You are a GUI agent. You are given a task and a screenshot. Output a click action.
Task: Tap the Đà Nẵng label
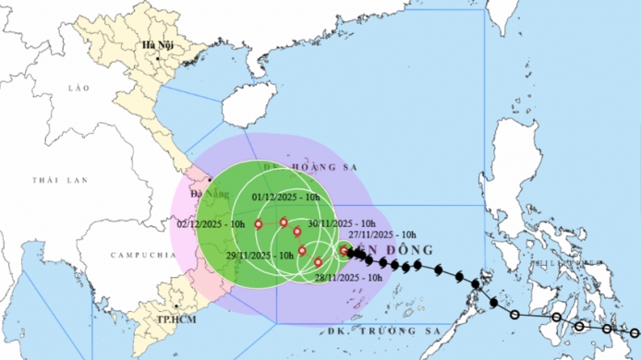(203, 193)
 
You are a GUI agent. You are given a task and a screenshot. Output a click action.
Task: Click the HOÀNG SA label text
(292, 167)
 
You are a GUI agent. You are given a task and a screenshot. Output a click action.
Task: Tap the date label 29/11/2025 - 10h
(260, 254)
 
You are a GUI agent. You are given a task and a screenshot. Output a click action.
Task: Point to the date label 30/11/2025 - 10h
(341, 223)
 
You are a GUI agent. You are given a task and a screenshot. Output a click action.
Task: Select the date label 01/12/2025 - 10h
(287, 197)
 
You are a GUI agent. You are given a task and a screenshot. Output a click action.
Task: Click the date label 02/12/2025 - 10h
(211, 223)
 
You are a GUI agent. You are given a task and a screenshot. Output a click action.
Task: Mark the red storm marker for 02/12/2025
(258, 222)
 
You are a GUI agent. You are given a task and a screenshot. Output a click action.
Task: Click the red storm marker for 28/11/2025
(318, 263)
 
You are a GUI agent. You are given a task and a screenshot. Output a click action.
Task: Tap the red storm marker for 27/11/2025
(344, 250)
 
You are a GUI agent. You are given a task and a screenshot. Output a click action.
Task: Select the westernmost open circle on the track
(557, 318)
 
